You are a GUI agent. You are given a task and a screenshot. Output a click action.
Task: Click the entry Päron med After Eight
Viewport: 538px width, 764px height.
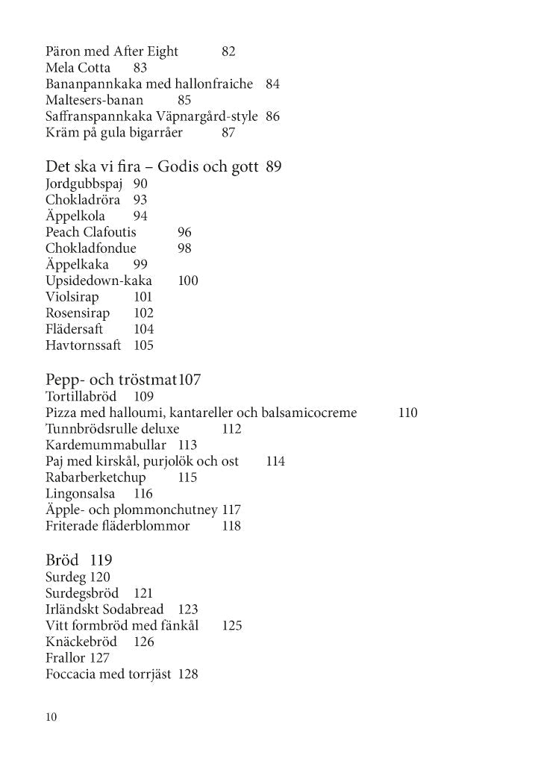[112, 51]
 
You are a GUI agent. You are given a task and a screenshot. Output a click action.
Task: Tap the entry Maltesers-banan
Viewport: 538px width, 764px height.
[94, 100]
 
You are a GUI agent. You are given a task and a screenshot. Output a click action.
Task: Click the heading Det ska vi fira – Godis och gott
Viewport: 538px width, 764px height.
[152, 166]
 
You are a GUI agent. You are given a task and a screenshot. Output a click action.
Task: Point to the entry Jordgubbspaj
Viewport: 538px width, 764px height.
[83, 184]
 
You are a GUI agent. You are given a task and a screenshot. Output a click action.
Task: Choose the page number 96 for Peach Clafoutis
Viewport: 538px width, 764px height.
[184, 232]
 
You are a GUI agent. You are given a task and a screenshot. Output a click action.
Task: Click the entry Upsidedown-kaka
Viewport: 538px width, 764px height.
[98, 281]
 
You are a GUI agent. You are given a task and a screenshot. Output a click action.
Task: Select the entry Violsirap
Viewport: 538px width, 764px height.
[72, 297]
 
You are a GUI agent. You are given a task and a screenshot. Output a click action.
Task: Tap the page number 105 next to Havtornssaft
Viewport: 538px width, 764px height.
[143, 345]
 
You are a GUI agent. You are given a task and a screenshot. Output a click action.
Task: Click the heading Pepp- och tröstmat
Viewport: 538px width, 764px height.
[111, 380]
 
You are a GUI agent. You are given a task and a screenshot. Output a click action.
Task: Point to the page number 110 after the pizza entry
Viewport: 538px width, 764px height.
[407, 413]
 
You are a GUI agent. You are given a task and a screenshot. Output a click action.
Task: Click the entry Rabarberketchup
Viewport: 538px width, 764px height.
[96, 477]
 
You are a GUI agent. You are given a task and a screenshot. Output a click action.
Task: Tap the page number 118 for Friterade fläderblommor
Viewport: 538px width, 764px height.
[231, 526]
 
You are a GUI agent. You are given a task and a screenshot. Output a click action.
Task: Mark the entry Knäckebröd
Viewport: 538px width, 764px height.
[81, 642]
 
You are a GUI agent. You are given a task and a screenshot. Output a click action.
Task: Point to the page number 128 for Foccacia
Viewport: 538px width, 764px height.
[187, 674]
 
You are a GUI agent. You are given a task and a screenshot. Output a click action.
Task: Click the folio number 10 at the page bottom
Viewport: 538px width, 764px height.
[51, 718]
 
